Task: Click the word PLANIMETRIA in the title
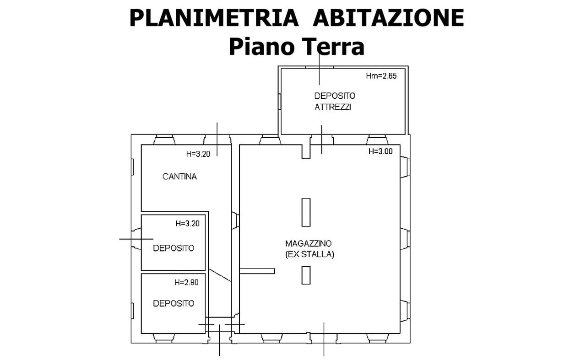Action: point(214,18)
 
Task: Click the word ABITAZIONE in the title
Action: point(389,18)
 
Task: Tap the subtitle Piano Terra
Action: point(297,47)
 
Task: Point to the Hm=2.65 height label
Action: point(381,76)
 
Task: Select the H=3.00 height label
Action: point(380,151)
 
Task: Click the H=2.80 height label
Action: point(186,282)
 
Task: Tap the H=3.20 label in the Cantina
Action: point(198,154)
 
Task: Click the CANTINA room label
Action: point(179,177)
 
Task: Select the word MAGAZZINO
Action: point(308,243)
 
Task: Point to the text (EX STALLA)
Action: point(310,254)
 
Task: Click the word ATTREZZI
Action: point(332,107)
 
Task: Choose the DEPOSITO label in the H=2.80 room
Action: point(174,303)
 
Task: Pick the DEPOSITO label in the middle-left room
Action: point(174,248)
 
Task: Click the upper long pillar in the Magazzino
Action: point(306,212)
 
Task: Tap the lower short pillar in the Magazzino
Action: point(306,275)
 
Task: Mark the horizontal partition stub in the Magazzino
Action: point(257,271)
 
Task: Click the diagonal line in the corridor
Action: point(220,275)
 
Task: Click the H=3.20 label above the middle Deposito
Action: point(187,223)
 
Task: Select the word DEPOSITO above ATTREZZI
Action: point(335,96)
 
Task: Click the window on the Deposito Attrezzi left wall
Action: point(280,102)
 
